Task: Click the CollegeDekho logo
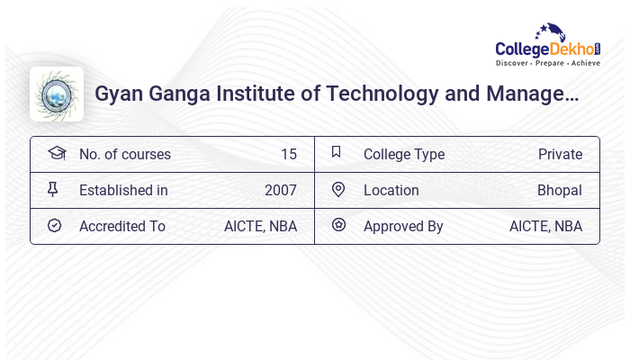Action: tap(546, 45)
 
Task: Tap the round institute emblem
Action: tap(57, 94)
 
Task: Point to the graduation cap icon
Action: tap(56, 153)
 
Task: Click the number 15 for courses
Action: tap(288, 154)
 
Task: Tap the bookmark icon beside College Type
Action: tap(337, 153)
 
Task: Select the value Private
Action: tap(560, 154)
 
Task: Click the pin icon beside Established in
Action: tap(53, 190)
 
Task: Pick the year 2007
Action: tap(281, 190)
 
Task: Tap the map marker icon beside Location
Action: tap(338, 190)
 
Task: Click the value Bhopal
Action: tap(560, 190)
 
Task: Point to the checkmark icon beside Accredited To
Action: tap(54, 226)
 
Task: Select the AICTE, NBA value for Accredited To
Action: tap(260, 226)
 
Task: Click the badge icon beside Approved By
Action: tap(338, 226)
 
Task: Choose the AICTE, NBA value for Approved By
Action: tap(545, 226)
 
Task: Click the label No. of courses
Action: tap(125, 154)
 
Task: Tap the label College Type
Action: tap(404, 154)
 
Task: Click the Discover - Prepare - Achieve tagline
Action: tap(547, 64)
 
